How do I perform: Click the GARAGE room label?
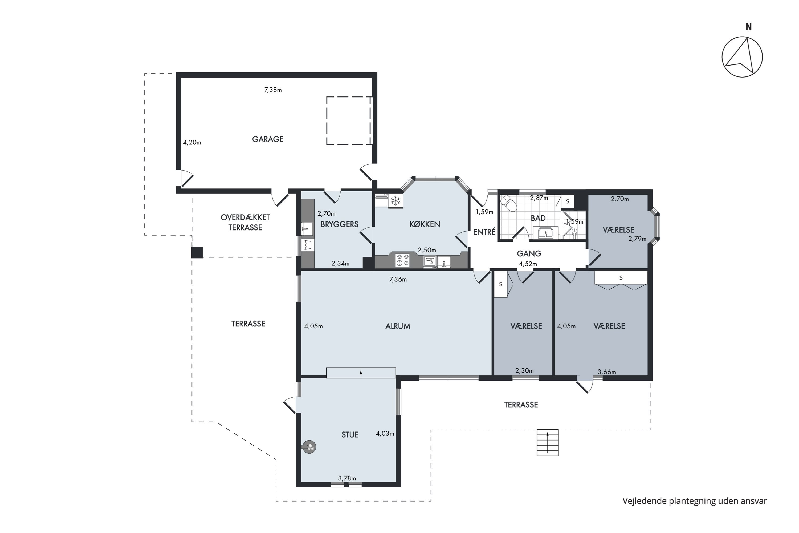coord(267,139)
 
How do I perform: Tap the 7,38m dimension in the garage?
coord(273,90)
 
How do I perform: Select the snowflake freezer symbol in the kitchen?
coord(396,201)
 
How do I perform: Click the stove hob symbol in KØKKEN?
coord(402,260)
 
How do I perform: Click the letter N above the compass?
coord(748,27)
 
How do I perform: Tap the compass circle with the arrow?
coord(742,57)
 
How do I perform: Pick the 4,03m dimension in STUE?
coord(385,433)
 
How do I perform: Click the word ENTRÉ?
coord(484,232)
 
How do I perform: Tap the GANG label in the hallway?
coord(529,253)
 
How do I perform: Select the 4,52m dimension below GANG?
coord(528,264)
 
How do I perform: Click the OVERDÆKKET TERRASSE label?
coord(245,222)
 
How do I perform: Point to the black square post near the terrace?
coord(197,252)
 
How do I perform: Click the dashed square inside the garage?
coord(349,121)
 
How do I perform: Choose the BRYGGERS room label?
coord(339,224)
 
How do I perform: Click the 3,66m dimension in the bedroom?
coord(606,372)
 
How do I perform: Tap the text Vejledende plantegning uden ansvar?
coord(694,501)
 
